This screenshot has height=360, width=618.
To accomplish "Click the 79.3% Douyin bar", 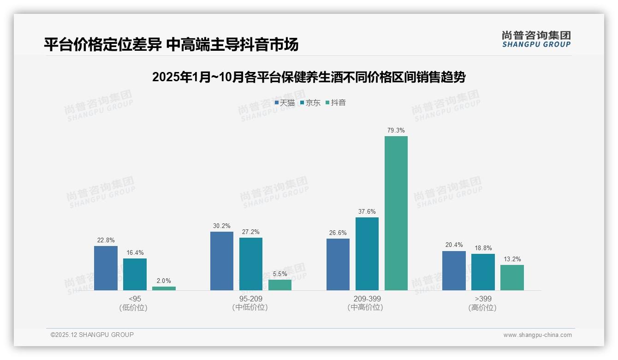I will click(x=396, y=213).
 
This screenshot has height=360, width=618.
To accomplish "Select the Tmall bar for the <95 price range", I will click(x=106, y=268).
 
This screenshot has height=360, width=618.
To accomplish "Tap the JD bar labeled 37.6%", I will click(x=367, y=254).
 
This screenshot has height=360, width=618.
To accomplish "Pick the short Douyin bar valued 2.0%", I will click(x=164, y=288).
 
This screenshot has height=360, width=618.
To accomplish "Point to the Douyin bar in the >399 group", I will click(x=512, y=277).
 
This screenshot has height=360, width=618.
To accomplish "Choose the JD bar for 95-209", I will click(x=250, y=264).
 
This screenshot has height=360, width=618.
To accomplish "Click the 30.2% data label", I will click(x=222, y=226).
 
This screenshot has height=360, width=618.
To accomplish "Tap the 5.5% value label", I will click(x=280, y=274).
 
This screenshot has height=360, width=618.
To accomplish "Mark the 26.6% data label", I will click(x=338, y=233).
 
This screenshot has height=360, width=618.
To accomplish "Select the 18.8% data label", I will click(x=483, y=248).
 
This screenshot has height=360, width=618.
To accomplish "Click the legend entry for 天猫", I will click(x=285, y=103).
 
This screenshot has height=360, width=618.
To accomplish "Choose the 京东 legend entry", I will click(x=310, y=103).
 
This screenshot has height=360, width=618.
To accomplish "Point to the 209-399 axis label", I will click(x=367, y=299).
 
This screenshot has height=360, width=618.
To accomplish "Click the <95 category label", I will click(x=135, y=299).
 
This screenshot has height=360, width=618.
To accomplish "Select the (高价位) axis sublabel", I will click(x=482, y=308).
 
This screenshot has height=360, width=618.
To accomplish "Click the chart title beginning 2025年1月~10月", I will click(x=309, y=77).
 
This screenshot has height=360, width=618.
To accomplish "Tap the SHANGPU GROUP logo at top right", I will click(x=536, y=39).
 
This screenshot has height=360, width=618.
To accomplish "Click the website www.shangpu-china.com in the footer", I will click(x=537, y=335).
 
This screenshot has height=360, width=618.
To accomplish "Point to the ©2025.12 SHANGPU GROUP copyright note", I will click(x=92, y=335).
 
